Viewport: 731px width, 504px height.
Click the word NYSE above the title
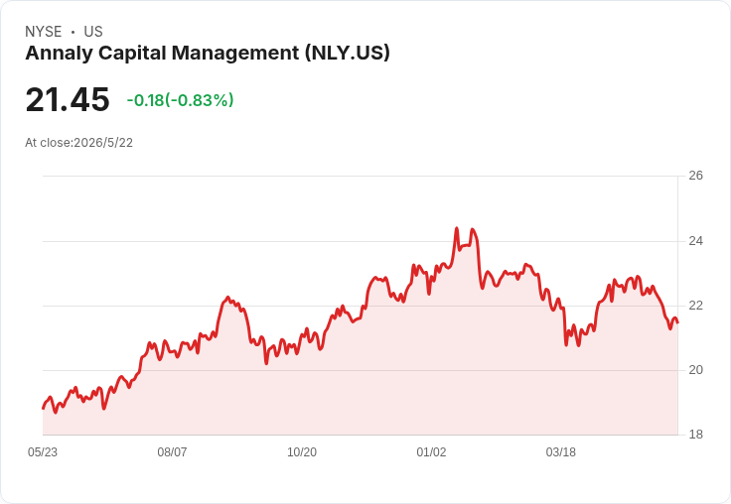44,32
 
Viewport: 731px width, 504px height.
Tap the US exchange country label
93,32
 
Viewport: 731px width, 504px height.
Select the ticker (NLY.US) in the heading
348,54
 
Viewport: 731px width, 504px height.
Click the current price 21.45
68,99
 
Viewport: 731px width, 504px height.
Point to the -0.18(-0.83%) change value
180,100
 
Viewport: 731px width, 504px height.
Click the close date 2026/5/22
103,143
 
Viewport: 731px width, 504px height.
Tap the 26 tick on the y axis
695,176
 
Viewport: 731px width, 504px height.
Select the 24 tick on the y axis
695,241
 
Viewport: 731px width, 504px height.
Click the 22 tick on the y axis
695,306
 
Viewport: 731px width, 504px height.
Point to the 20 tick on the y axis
695,370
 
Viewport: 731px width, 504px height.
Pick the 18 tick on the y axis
695,435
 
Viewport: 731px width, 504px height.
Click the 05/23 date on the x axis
43,452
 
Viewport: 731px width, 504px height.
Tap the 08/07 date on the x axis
172,452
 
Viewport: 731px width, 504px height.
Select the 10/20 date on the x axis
302,452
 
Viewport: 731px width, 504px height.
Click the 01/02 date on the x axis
431,452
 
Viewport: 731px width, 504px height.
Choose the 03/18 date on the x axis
561,452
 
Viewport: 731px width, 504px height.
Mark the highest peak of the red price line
457,228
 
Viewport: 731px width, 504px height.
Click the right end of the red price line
677,321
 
